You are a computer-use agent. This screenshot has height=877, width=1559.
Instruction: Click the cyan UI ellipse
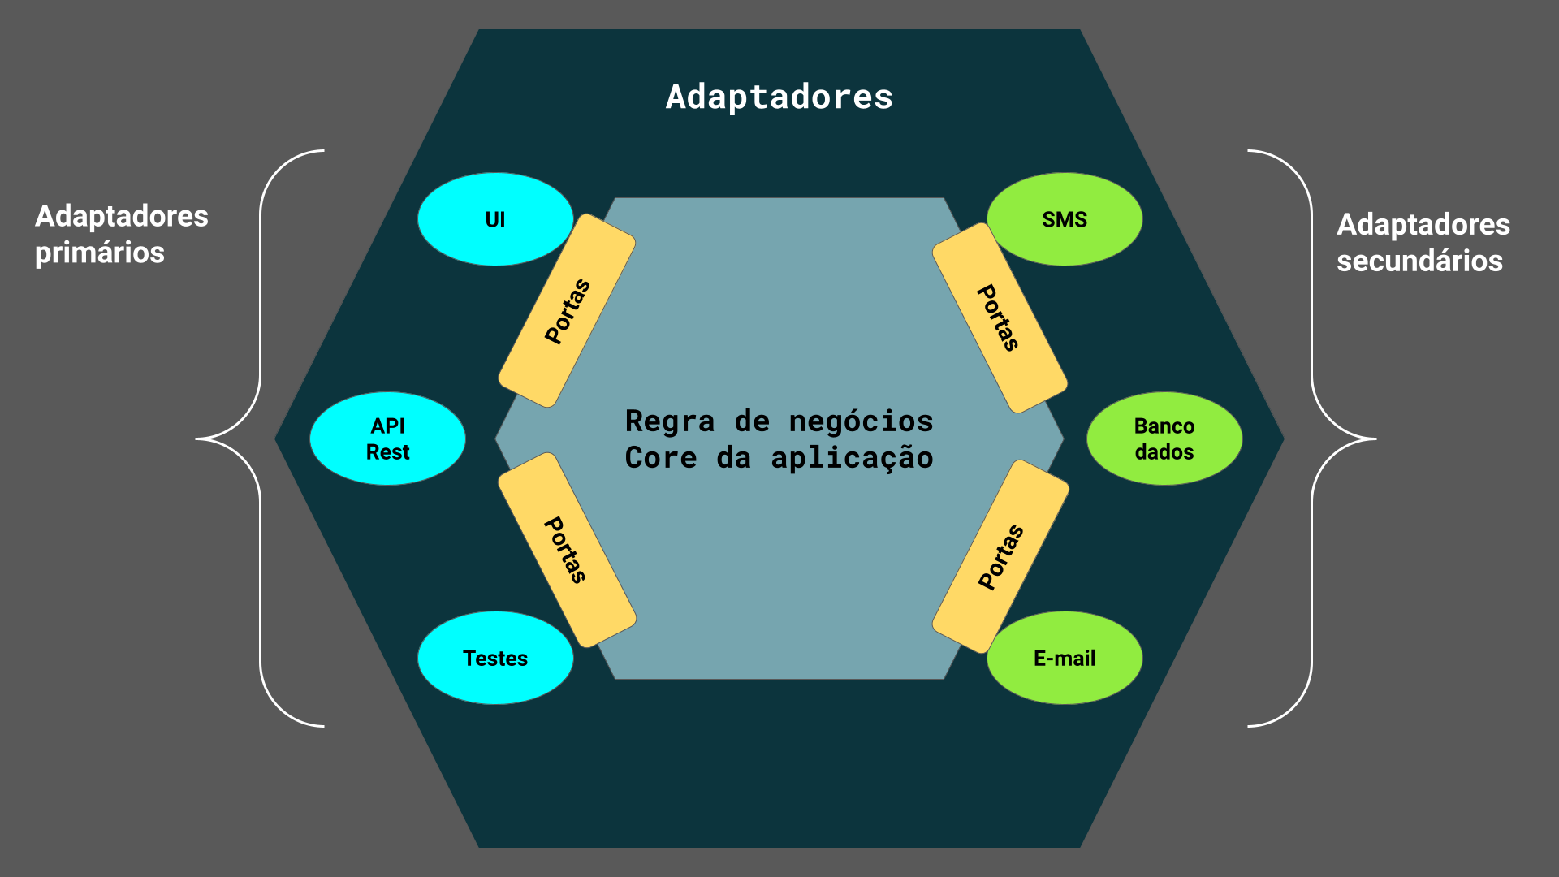(494, 219)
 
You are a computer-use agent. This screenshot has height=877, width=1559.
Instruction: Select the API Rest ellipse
(387, 438)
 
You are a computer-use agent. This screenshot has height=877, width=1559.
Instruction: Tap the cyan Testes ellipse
(495, 658)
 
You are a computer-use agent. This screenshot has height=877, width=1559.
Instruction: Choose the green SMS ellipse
(1064, 219)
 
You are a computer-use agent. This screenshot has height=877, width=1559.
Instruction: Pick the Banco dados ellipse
(1164, 438)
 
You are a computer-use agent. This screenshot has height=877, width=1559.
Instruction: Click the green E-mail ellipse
(1064, 658)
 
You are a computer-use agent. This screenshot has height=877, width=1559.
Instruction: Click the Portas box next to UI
(567, 311)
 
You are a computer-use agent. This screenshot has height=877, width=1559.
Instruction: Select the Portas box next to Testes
(567, 550)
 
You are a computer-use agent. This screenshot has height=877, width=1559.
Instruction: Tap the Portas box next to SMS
(999, 318)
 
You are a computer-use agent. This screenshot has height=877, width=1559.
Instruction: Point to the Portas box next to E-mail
(1000, 556)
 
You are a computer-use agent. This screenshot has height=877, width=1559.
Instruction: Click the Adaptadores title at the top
(779, 97)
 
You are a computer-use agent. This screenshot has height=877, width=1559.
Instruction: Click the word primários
(100, 253)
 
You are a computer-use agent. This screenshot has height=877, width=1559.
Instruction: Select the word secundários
(1419, 261)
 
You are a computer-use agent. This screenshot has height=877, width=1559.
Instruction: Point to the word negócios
(861, 421)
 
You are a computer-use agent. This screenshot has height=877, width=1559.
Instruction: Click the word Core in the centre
(661, 458)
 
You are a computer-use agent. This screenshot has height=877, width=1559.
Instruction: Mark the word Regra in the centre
(670, 421)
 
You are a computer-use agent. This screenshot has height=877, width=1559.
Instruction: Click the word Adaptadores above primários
(122, 216)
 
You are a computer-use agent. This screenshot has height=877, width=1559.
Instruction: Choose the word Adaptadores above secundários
(1423, 224)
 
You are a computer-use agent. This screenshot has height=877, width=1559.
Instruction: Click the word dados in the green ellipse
(1164, 452)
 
